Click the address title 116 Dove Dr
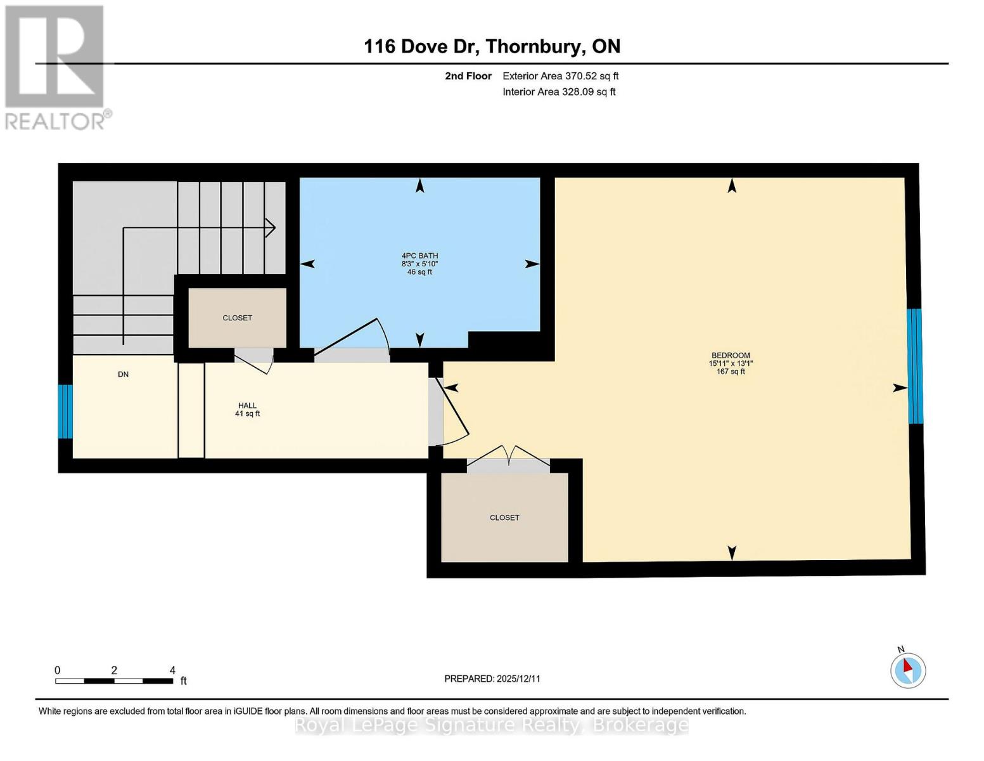(x=492, y=46)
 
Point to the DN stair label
(x=123, y=374)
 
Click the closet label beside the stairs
(x=237, y=318)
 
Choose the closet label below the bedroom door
(x=504, y=517)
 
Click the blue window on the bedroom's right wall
(x=914, y=366)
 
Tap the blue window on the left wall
(x=65, y=412)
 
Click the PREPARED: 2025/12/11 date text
(x=492, y=679)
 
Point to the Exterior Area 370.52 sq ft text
(x=560, y=76)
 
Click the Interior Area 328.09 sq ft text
(x=559, y=92)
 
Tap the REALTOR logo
(x=56, y=67)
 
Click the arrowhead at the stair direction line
(x=270, y=228)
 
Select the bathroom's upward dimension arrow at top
(x=419, y=185)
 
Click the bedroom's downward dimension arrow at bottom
(x=732, y=553)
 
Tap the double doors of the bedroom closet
(x=508, y=459)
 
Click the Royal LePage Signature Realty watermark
(x=492, y=725)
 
